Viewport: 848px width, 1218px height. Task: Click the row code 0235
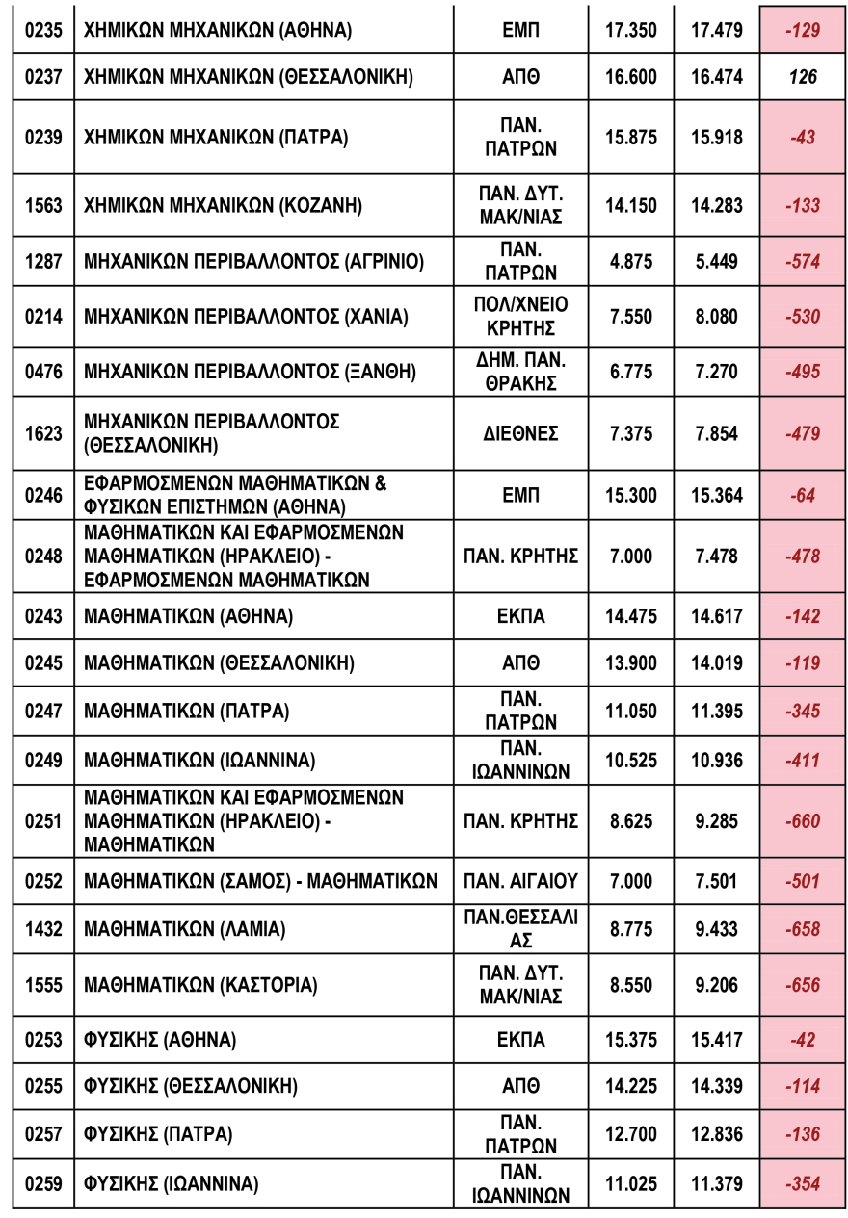(x=42, y=30)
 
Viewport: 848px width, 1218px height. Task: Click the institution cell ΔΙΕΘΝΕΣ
(x=520, y=433)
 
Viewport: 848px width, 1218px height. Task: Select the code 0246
(x=42, y=496)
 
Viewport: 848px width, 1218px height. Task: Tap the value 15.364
(x=717, y=496)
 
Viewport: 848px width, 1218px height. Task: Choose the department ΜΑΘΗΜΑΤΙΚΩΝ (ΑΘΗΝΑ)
(x=189, y=616)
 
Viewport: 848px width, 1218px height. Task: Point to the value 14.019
(x=717, y=663)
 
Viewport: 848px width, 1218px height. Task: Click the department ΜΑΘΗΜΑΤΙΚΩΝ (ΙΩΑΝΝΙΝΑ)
(x=199, y=761)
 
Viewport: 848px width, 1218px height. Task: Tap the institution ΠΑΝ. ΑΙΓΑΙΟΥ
(x=520, y=881)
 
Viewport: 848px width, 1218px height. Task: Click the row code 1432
(x=42, y=929)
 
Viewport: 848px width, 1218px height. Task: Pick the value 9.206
(x=717, y=985)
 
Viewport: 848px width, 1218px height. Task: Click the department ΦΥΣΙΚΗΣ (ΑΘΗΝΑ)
(x=160, y=1040)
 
